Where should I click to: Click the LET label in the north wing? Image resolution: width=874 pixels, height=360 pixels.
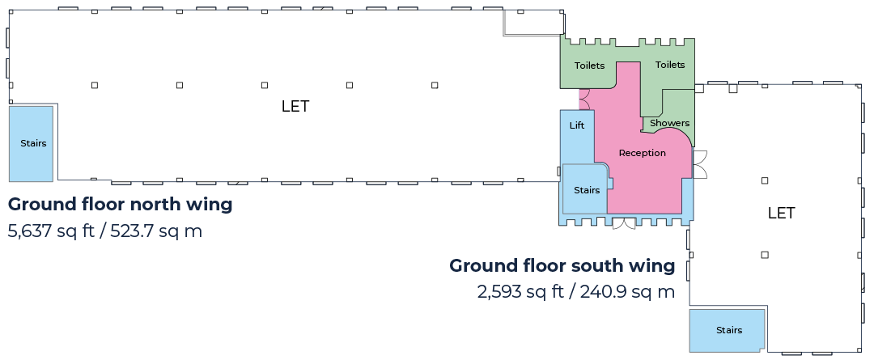point(295,106)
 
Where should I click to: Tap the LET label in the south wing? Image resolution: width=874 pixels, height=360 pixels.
point(781,213)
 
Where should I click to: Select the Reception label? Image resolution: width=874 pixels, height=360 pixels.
point(642,153)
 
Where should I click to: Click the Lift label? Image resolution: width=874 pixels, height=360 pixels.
point(577,125)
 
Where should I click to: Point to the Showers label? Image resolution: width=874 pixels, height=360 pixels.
point(669,123)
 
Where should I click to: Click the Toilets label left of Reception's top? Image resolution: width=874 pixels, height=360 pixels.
point(589,66)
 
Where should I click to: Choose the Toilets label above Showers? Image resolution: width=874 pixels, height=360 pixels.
point(670,65)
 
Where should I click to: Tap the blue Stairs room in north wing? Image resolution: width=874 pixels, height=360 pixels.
point(32,143)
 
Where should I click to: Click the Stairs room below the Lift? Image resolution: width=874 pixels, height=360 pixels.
point(585,189)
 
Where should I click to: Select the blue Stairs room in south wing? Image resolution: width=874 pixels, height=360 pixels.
point(727,330)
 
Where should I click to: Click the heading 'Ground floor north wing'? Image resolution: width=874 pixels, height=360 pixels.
point(120,205)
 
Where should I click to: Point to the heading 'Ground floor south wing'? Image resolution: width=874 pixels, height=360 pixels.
point(562,266)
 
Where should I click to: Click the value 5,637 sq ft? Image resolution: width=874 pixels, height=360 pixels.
point(51,231)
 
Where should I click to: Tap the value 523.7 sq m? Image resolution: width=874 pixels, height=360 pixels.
point(156,231)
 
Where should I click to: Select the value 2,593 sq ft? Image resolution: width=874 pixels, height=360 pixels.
point(520,291)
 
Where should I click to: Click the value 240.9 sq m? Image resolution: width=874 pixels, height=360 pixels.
point(627,291)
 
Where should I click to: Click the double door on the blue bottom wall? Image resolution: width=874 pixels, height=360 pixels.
point(624,223)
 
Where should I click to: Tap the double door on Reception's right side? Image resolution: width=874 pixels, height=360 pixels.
point(699,164)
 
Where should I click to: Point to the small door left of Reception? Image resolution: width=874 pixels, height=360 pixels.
point(583,100)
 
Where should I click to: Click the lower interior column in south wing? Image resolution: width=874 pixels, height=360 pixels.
point(765,255)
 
